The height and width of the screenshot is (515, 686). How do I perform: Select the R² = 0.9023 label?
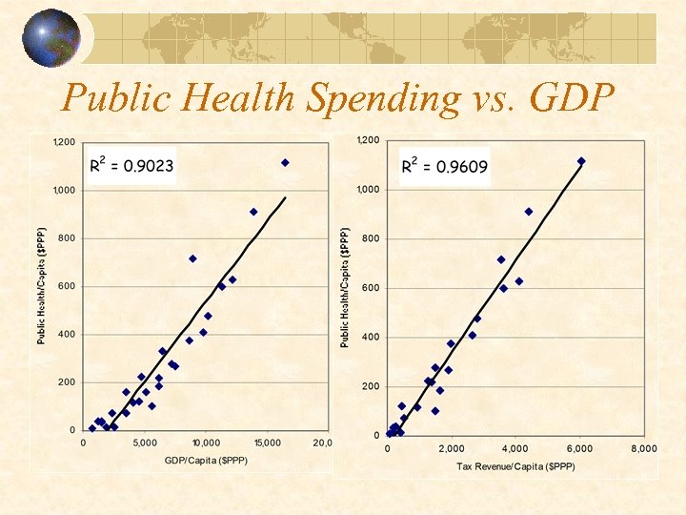click(131, 166)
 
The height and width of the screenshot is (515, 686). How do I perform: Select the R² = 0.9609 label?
click(444, 166)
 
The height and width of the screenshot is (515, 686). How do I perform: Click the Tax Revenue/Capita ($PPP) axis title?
click(515, 466)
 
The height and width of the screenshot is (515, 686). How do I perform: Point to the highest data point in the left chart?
click(285, 163)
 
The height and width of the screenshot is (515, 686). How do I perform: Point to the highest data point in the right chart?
click(581, 161)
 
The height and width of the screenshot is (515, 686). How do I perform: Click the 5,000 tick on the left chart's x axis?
click(145, 443)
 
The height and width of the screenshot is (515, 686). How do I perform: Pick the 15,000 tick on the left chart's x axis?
click(267, 443)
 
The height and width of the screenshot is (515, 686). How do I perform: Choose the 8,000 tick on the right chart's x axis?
click(643, 448)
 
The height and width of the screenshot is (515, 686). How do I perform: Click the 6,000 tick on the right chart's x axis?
click(579, 448)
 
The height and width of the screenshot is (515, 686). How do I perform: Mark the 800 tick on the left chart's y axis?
click(66, 238)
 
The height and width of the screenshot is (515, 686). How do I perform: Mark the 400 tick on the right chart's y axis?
click(369, 338)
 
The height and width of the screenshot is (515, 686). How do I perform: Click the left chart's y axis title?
click(42, 285)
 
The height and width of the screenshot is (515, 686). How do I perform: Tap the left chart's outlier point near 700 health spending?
click(192, 258)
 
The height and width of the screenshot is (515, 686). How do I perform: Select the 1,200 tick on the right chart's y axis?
click(367, 141)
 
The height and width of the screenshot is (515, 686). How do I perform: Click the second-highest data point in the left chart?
click(253, 212)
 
